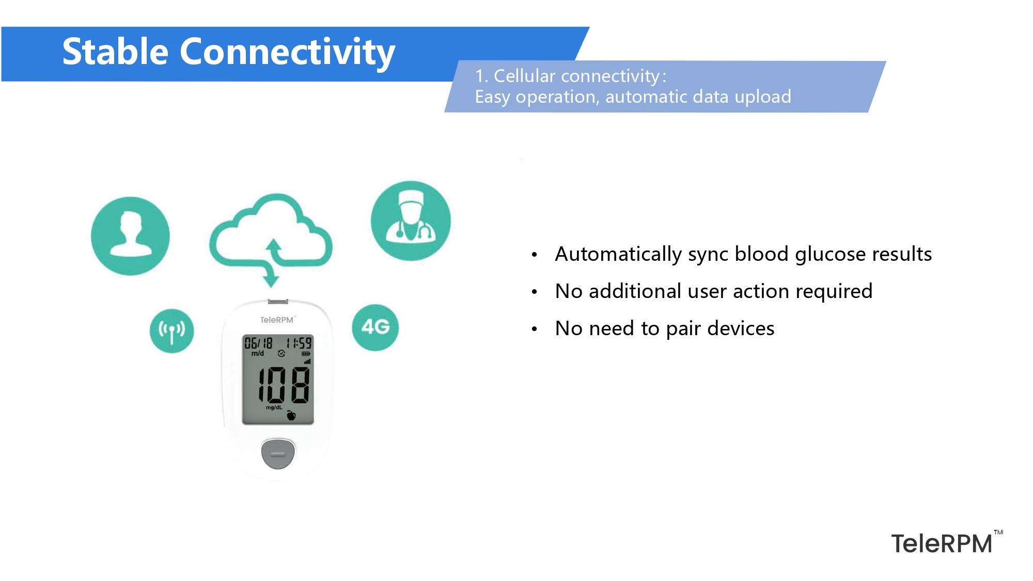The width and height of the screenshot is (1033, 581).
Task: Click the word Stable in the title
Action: pyautogui.click(x=115, y=52)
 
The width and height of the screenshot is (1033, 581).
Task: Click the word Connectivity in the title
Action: pyautogui.click(x=287, y=52)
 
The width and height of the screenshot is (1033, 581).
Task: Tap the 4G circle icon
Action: pyautogui.click(x=375, y=327)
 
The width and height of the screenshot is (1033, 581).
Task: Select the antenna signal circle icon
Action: pyautogui.click(x=171, y=331)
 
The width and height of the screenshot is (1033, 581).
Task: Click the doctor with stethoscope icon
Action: pyautogui.click(x=411, y=221)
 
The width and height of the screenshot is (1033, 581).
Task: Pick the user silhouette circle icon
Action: pyautogui.click(x=130, y=236)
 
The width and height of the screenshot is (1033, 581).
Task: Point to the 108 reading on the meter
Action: pyautogui.click(x=284, y=385)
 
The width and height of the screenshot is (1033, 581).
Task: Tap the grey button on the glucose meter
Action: pyautogui.click(x=278, y=453)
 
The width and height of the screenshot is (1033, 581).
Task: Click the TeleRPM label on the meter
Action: pyautogui.click(x=277, y=320)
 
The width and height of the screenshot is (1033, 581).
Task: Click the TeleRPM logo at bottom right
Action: pyautogui.click(x=942, y=544)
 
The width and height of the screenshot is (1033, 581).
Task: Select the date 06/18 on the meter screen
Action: pyautogui.click(x=258, y=343)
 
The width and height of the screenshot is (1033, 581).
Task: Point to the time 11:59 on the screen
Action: pyautogui.click(x=299, y=343)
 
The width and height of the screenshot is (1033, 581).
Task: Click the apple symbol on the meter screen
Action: pyautogui.click(x=291, y=415)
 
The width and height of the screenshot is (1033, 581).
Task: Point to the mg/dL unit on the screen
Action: pyautogui.click(x=274, y=407)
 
